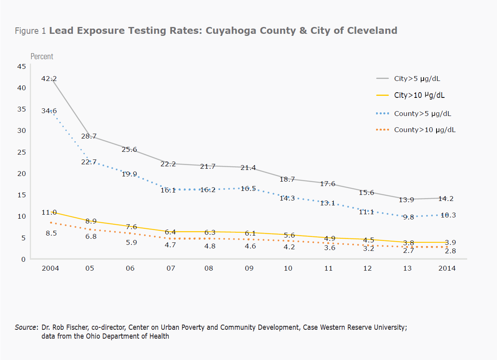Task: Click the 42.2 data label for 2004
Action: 49,79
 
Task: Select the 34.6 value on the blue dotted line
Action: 49,111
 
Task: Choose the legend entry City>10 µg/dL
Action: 420,95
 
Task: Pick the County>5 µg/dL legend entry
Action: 422,114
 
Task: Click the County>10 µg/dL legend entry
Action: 425,130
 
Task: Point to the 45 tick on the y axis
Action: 22,66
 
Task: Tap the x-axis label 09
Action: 249,269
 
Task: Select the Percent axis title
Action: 42,56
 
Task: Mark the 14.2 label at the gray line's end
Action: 447,199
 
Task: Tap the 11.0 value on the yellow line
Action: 49,212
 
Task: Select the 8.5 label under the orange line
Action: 51,233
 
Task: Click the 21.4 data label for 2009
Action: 248,168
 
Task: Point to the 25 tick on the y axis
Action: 22,152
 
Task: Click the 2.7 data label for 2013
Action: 408,250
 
